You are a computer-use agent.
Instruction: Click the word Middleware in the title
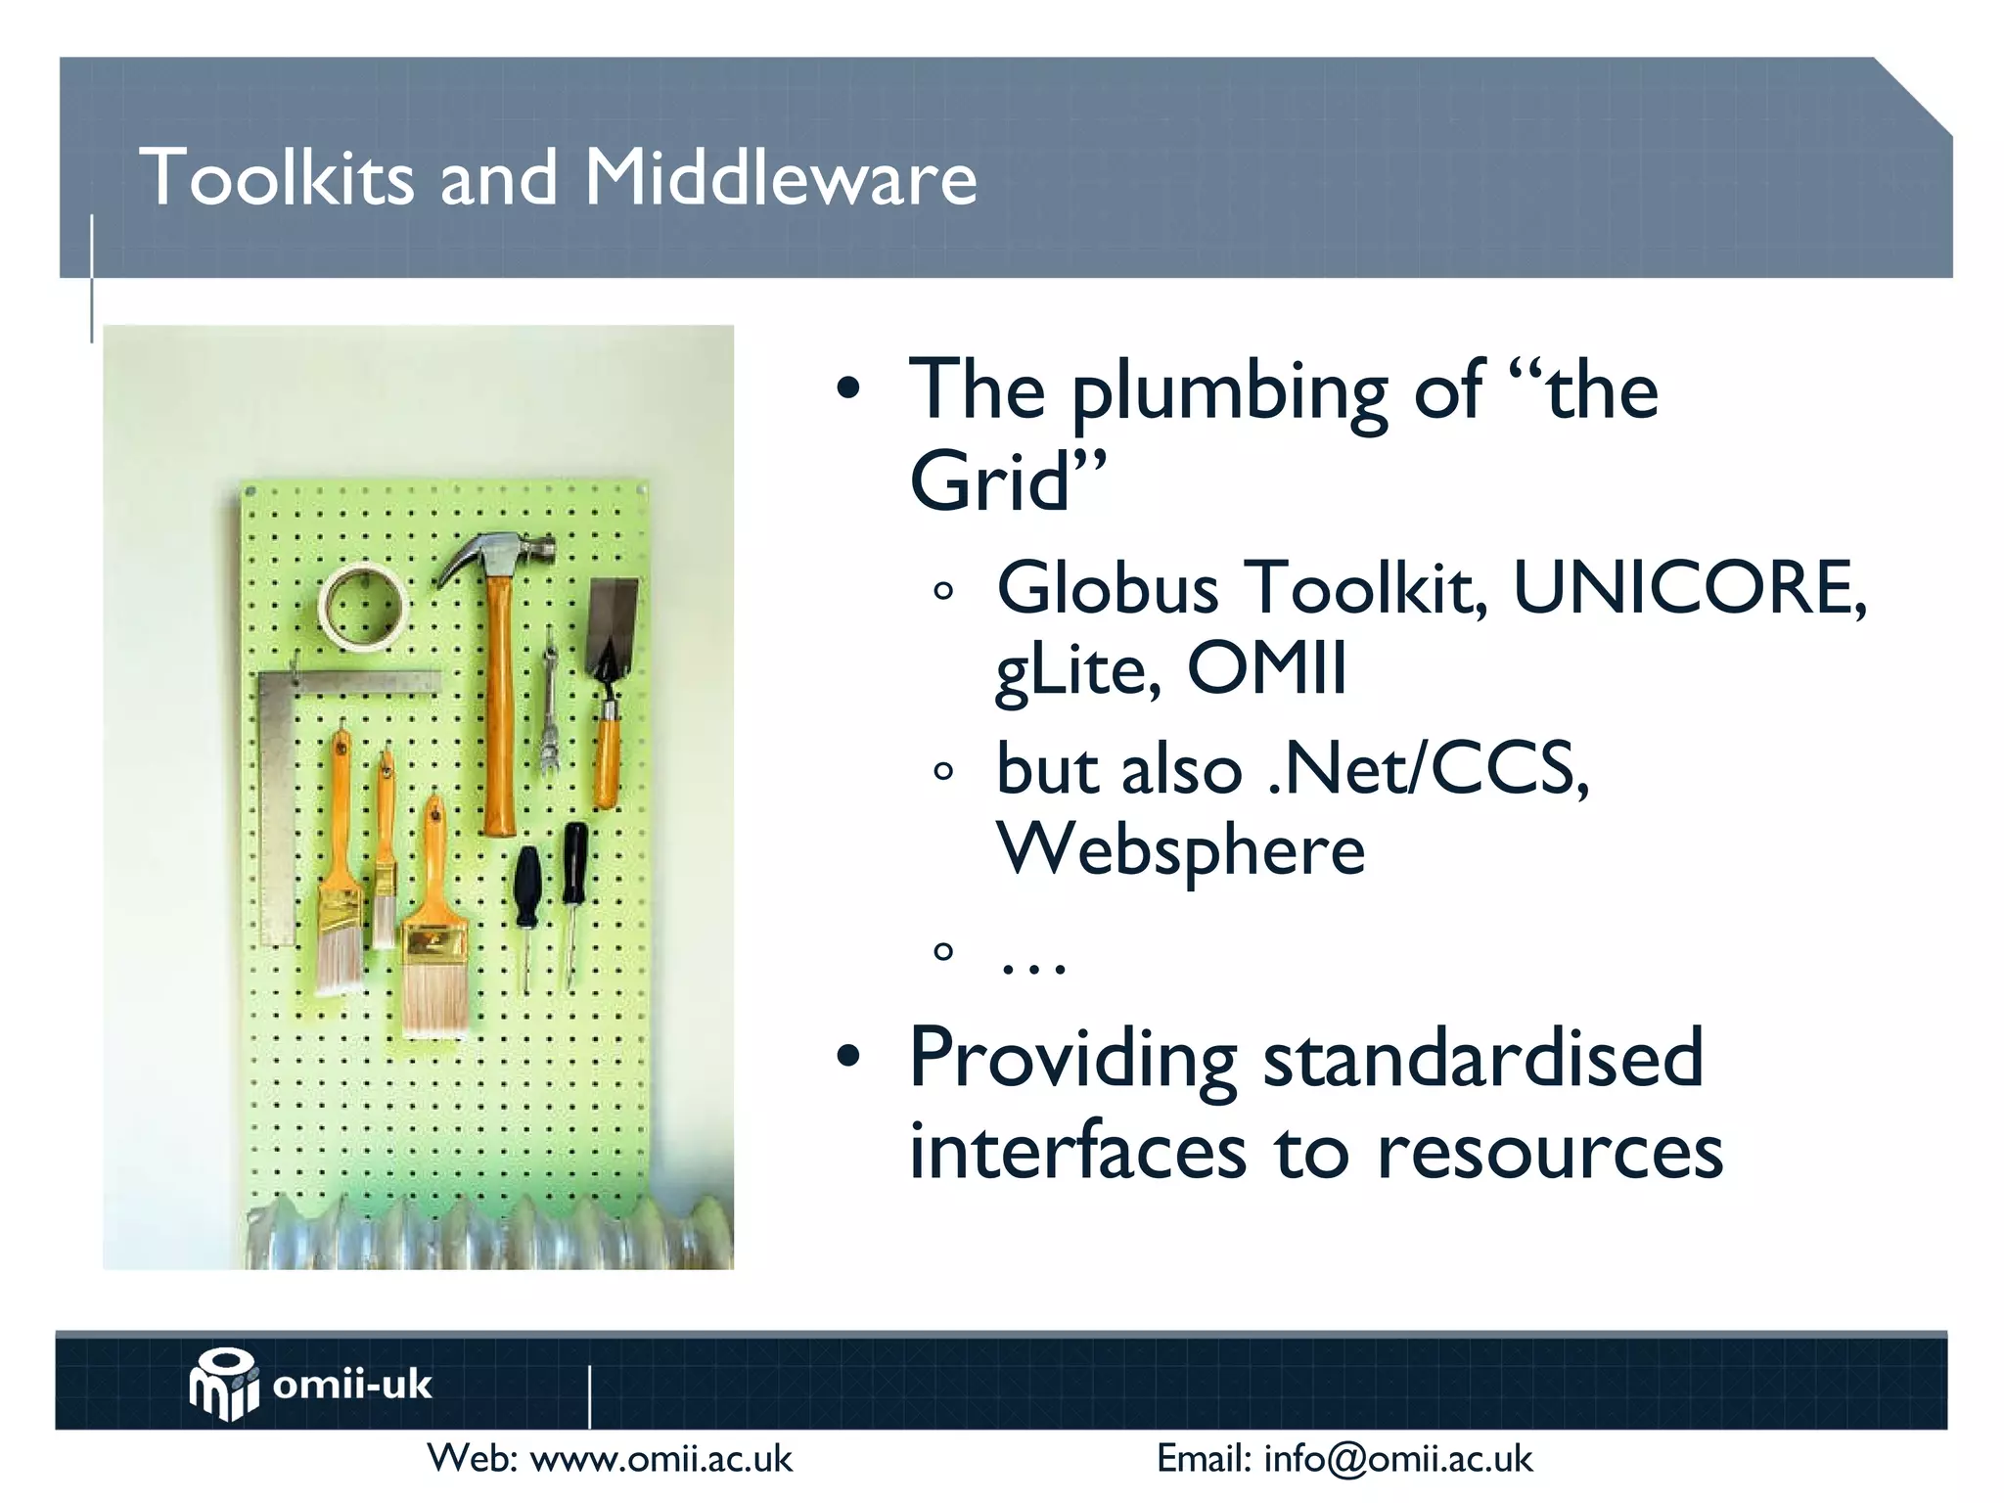[x=780, y=178]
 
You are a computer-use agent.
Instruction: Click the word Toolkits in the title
[x=277, y=178]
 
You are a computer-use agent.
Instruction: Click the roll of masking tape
[x=362, y=607]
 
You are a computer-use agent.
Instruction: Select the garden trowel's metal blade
[x=613, y=622]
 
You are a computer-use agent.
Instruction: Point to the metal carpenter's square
[x=279, y=783]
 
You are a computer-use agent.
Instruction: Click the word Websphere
[x=1180, y=849]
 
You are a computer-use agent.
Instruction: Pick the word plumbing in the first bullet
[x=1229, y=393]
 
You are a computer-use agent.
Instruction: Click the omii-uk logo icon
[x=224, y=1384]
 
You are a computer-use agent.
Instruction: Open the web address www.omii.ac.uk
[x=660, y=1459]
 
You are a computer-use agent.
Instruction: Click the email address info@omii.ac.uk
[x=1398, y=1459]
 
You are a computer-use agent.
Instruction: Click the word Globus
[x=1107, y=589]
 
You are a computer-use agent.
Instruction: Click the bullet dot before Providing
[x=848, y=1057]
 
